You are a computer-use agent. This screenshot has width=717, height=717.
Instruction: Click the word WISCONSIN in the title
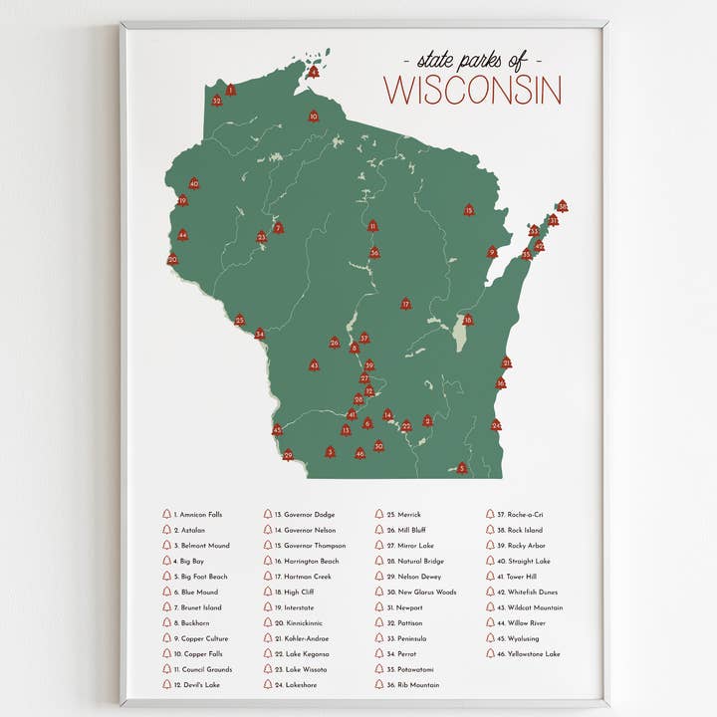click(x=472, y=91)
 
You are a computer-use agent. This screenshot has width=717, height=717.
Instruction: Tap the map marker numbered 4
click(x=314, y=72)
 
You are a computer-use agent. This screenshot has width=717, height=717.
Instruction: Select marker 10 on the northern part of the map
click(x=313, y=117)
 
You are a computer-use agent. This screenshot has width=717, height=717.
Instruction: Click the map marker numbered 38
click(x=562, y=206)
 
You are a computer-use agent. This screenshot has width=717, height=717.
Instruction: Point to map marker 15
click(x=468, y=210)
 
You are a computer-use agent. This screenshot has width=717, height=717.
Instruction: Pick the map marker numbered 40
click(x=194, y=183)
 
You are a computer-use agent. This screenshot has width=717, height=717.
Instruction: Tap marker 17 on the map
click(x=405, y=304)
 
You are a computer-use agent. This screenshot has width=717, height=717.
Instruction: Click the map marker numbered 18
click(x=467, y=320)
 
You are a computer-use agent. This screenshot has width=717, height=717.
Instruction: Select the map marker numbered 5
click(x=461, y=468)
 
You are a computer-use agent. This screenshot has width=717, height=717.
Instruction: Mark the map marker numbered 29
click(x=288, y=455)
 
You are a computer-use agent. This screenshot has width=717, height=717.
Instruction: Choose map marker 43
click(x=314, y=365)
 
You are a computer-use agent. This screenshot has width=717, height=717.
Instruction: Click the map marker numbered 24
click(x=496, y=425)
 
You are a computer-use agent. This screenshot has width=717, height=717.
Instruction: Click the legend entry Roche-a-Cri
click(x=525, y=515)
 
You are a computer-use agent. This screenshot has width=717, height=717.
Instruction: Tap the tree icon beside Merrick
click(x=378, y=515)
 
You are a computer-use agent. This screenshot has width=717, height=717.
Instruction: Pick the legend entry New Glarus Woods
click(x=427, y=592)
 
